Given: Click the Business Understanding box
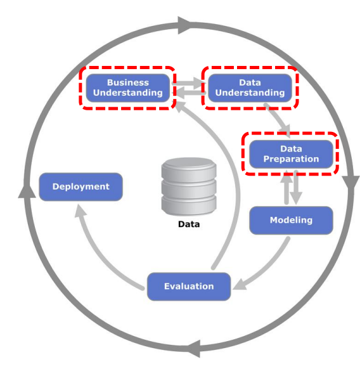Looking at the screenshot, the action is [x=128, y=88].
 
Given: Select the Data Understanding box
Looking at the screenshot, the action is [x=250, y=88].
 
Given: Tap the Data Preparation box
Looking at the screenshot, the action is [x=291, y=154].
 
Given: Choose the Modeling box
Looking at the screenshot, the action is [x=291, y=220].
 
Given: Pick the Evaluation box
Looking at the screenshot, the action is [x=189, y=287].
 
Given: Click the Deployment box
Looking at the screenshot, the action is [x=80, y=187].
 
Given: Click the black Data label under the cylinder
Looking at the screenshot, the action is [x=189, y=224].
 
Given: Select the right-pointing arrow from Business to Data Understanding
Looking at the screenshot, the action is [x=188, y=83].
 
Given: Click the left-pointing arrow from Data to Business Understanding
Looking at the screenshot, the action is [x=190, y=93].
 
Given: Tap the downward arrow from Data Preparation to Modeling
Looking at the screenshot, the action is [x=296, y=188].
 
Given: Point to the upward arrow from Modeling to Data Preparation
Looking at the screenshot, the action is [x=286, y=187].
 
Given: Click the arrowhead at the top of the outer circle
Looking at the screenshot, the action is [x=184, y=25].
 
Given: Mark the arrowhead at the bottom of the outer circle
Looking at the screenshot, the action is [x=194, y=349].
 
